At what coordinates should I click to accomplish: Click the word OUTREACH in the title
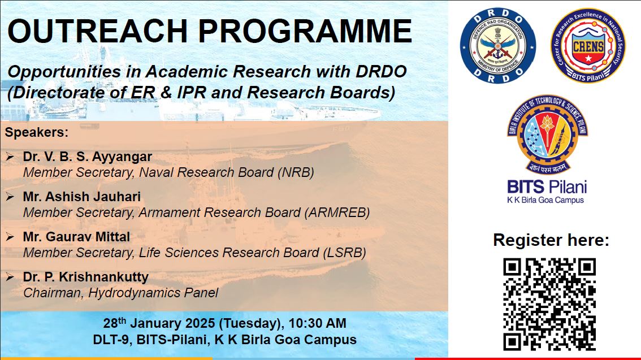pyautogui.click(x=98, y=31)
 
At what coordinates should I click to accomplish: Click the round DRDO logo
pyautogui.click(x=497, y=45)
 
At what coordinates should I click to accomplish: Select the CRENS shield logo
pyautogui.click(x=588, y=45)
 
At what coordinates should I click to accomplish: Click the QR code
pyautogui.click(x=549, y=304)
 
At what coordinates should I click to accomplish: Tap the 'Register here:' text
pyautogui.click(x=551, y=240)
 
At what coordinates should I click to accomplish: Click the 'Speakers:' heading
pyautogui.click(x=37, y=133)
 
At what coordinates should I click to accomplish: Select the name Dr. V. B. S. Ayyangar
pyautogui.click(x=88, y=157)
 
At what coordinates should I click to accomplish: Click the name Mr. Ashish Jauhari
pyautogui.click(x=82, y=197)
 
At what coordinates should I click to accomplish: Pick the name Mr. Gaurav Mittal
pyautogui.click(x=76, y=237)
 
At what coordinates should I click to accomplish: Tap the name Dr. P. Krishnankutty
pyautogui.click(x=86, y=277)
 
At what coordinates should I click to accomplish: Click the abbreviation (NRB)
pyautogui.click(x=296, y=172)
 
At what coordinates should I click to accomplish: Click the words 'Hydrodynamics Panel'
pyautogui.click(x=153, y=293)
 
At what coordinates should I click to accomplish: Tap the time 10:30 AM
pyautogui.click(x=318, y=323)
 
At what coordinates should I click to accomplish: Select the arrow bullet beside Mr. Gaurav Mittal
pyautogui.click(x=10, y=237)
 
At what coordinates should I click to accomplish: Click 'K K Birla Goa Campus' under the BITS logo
pyautogui.click(x=545, y=200)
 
